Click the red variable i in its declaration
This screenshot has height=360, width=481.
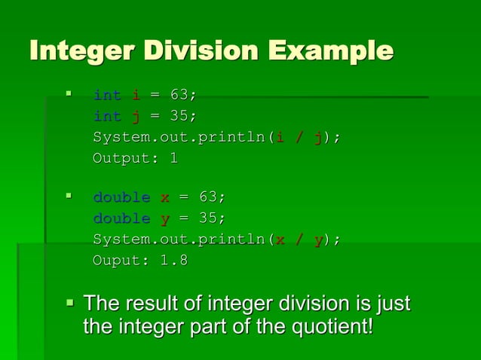click(136, 95)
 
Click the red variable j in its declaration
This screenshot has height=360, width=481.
click(136, 116)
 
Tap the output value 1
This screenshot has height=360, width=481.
click(173, 158)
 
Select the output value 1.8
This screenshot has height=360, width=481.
click(173, 261)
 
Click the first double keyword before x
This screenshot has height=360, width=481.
click(121, 197)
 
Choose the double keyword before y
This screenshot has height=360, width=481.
click(121, 218)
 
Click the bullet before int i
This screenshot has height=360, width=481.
click(68, 95)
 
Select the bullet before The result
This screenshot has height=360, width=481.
click(70, 304)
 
